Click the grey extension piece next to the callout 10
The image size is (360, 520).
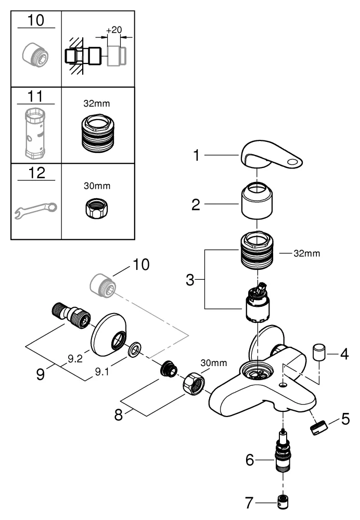pyautogui.click(x=102, y=285)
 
